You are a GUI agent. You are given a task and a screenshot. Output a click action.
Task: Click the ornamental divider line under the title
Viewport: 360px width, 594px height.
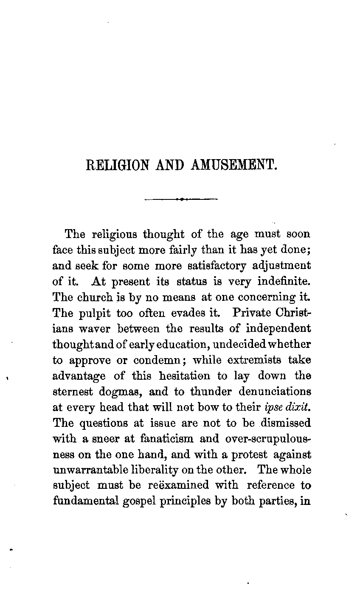(x=181, y=199)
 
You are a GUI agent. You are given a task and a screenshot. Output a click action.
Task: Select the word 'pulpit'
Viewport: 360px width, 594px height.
(x=96, y=313)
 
